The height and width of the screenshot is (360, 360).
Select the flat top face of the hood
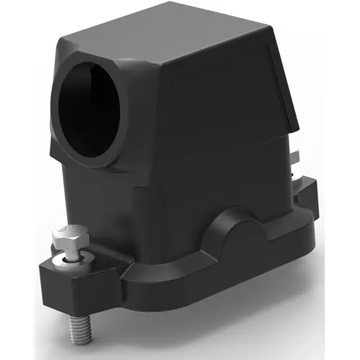[x=166, y=40]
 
